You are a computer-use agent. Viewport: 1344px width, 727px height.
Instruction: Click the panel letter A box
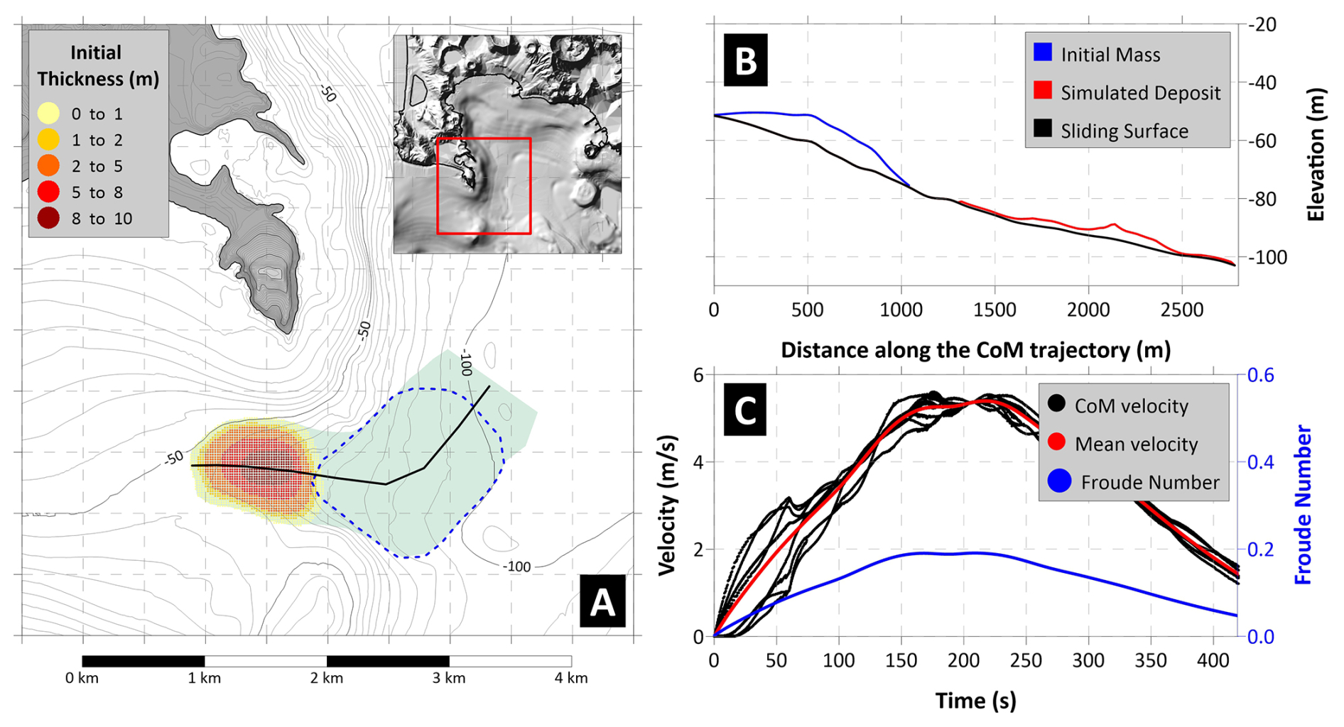[x=602, y=602]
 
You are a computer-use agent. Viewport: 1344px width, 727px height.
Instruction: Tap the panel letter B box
[x=745, y=61]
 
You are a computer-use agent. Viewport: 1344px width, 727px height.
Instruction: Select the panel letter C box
[x=744, y=410]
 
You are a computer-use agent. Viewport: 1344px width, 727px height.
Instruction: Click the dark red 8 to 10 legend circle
[x=48, y=219]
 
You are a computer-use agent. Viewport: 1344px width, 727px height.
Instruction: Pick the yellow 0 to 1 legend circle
[x=48, y=114]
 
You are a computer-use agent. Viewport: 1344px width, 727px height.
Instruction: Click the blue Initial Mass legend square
[x=1042, y=52]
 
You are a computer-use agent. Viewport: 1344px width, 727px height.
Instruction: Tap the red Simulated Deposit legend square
[x=1042, y=90]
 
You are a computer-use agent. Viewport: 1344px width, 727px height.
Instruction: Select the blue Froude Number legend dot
[x=1058, y=482]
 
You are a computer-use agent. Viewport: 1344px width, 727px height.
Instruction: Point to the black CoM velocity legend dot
[x=1056, y=404]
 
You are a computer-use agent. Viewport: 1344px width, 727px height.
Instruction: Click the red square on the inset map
[x=484, y=186]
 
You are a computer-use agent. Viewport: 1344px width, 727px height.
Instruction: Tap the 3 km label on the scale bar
[x=449, y=678]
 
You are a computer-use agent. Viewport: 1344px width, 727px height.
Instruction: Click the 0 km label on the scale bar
[x=82, y=678]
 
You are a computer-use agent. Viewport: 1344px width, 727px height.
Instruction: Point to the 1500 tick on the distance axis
[x=995, y=310]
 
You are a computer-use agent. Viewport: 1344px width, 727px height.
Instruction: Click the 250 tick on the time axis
[x=1026, y=661]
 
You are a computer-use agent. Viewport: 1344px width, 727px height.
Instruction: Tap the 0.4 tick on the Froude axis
[x=1260, y=462]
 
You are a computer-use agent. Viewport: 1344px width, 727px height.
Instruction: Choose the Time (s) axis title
[x=975, y=701]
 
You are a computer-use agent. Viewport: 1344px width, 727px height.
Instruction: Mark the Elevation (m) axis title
[x=1316, y=155]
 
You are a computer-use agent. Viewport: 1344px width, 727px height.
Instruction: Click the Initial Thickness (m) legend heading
[x=97, y=65]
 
